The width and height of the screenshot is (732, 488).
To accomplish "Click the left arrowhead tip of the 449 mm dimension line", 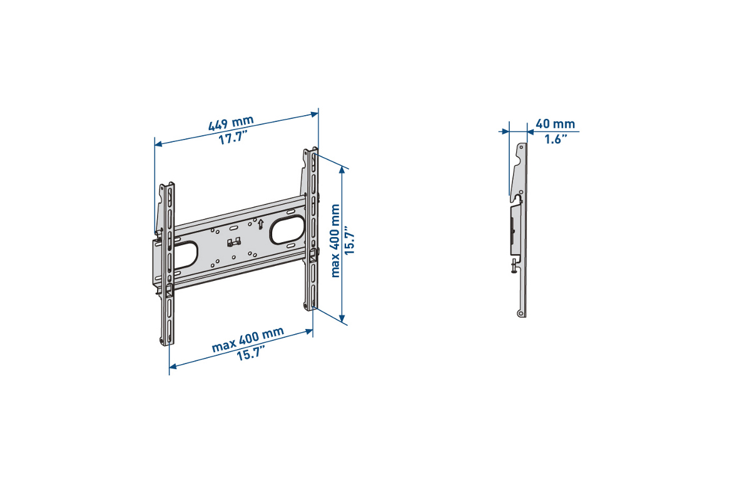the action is (x=155, y=145).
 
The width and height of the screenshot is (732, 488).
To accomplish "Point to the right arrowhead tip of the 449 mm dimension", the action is (x=318, y=113).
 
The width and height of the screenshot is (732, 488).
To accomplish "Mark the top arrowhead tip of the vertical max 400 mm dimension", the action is (x=343, y=166).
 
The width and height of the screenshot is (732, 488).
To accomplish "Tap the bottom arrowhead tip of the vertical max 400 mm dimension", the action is (x=343, y=323).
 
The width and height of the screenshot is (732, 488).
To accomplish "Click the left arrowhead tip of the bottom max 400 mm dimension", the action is (x=170, y=367).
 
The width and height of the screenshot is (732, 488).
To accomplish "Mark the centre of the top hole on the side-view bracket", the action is (x=522, y=146).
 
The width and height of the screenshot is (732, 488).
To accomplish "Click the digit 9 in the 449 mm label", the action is (x=224, y=125).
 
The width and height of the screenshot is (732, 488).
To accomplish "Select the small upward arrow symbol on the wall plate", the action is (x=260, y=224).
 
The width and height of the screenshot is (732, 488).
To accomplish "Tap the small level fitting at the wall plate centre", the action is (x=233, y=242).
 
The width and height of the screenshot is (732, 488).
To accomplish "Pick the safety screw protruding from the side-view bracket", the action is (x=514, y=266).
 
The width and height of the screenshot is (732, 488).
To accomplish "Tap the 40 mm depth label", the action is (x=555, y=124).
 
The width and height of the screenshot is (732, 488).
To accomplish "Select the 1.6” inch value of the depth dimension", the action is (x=556, y=139).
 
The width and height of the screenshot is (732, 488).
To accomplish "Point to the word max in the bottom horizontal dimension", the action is (x=223, y=345).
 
